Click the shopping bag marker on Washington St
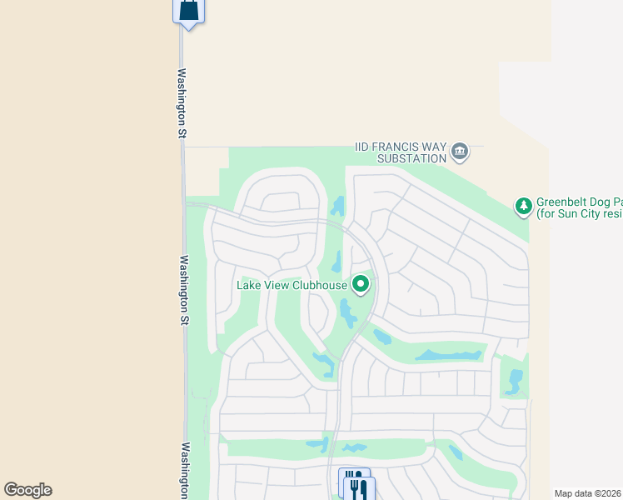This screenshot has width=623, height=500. [x=189, y=11]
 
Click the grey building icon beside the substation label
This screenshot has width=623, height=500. [x=460, y=152]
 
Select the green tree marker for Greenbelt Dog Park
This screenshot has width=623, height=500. [x=523, y=206]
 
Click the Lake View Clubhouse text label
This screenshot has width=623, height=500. [x=292, y=285]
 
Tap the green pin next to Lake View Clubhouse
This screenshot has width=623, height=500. [x=361, y=285]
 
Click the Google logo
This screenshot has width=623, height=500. [x=27, y=490]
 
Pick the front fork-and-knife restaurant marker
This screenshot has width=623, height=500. [x=359, y=488]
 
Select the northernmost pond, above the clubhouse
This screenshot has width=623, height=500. [x=338, y=206]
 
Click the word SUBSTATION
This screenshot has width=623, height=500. [x=411, y=158]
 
